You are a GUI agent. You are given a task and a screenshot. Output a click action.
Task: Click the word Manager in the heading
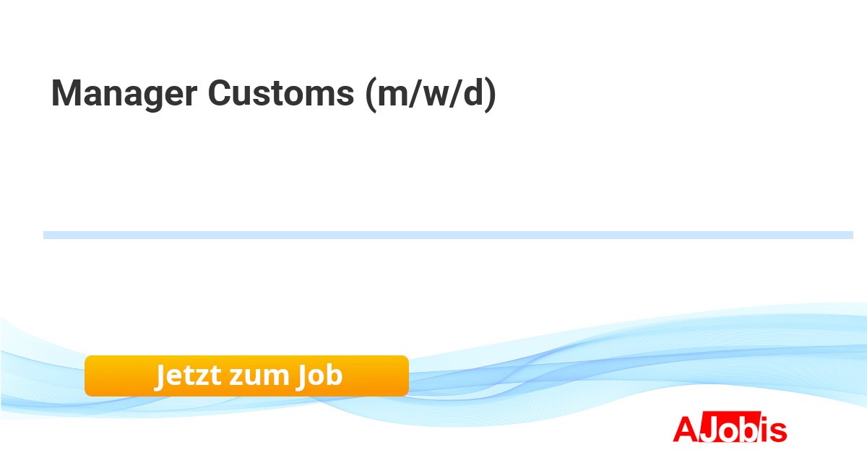pyautogui.click(x=124, y=94)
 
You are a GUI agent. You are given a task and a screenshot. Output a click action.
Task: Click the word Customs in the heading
pyautogui.click(x=281, y=93)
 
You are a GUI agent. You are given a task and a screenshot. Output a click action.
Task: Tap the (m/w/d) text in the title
pyautogui.click(x=431, y=94)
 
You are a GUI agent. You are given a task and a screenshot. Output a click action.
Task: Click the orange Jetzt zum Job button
pyautogui.click(x=246, y=376)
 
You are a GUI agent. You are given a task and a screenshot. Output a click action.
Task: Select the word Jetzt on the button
pyautogui.click(x=188, y=375)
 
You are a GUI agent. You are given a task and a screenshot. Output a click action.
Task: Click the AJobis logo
pyautogui.click(x=730, y=428)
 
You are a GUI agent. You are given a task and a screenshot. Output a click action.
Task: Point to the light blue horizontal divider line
pyautogui.click(x=448, y=235)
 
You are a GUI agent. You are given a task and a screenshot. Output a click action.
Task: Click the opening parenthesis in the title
pyautogui.click(x=371, y=95)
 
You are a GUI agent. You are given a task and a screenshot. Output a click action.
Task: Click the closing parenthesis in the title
pyautogui.click(x=491, y=95)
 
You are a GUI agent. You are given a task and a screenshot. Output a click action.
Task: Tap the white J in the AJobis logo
pyautogui.click(x=709, y=429)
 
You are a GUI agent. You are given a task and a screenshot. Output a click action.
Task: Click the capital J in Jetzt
pyautogui.click(x=160, y=377)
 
